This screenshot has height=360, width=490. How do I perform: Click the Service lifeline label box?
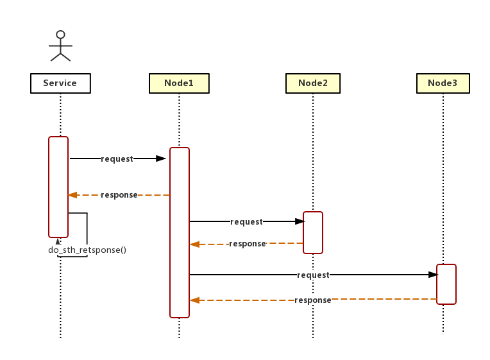pyautogui.click(x=60, y=83)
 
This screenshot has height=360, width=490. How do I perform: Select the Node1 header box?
pyautogui.click(x=179, y=83)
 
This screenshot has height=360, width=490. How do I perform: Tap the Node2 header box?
pyautogui.click(x=313, y=83)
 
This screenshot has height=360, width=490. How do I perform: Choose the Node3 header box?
pyautogui.click(x=443, y=83)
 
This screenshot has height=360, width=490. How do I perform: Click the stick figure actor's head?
pyautogui.click(x=60, y=35)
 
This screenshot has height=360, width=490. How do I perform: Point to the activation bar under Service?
pyautogui.click(x=58, y=186)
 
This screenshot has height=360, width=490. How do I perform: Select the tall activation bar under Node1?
pyautogui.click(x=180, y=232)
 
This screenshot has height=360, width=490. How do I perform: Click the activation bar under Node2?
pyautogui.click(x=313, y=232)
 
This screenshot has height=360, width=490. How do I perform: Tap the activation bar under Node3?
pyautogui.click(x=446, y=284)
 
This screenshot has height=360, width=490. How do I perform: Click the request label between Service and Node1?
pyautogui.click(x=117, y=159)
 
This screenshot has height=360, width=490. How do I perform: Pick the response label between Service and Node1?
pyautogui.click(x=119, y=195)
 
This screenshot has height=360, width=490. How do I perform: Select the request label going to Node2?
pyautogui.click(x=246, y=222)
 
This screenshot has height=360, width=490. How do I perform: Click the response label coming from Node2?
pyautogui.click(x=247, y=244)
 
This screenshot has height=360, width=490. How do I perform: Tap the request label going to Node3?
pyautogui.click(x=313, y=275)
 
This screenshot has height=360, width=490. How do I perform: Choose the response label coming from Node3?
pyautogui.click(x=312, y=300)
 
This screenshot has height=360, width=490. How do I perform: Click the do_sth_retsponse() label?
pyautogui.click(x=87, y=250)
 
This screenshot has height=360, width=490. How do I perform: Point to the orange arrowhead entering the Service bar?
pyautogui.click(x=72, y=195)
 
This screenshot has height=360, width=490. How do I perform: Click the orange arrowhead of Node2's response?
pyautogui.click(x=194, y=244)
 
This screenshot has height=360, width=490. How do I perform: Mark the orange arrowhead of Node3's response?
pyautogui.click(x=194, y=300)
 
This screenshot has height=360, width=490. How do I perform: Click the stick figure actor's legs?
pyautogui.click(x=60, y=56)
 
